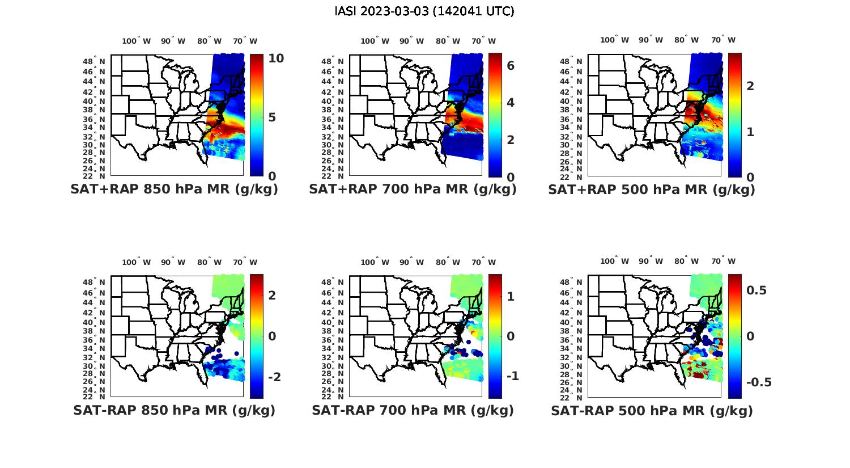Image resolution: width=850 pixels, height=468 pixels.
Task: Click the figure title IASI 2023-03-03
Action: pyautogui.click(x=424, y=11)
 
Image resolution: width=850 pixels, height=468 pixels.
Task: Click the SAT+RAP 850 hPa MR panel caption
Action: pyautogui.click(x=174, y=189)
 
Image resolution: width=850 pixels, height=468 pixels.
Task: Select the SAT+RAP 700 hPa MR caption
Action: pyautogui.click(x=413, y=189)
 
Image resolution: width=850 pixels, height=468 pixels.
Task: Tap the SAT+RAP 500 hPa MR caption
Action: pyautogui.click(x=652, y=189)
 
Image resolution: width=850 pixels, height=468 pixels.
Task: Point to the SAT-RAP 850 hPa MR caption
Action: pyautogui.click(x=174, y=410)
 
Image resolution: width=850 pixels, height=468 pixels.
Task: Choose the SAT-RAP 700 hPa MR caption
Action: pyautogui.click(x=413, y=410)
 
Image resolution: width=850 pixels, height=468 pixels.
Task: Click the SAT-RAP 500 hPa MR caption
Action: pyautogui.click(x=652, y=410)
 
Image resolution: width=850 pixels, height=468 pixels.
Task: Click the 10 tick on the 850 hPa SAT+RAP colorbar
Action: pyautogui.click(x=277, y=58)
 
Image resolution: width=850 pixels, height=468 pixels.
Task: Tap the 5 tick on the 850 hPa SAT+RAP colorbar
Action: pyautogui.click(x=273, y=117)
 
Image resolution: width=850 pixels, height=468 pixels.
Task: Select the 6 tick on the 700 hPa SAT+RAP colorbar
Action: pyautogui.click(x=511, y=66)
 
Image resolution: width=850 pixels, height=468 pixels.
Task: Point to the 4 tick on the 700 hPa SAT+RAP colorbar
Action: pyautogui.click(x=511, y=103)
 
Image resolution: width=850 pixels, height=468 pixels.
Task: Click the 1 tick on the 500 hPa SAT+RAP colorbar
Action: pyautogui.click(x=750, y=132)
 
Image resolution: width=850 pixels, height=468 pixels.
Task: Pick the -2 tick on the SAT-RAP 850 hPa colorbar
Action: pyautogui.click(x=274, y=377)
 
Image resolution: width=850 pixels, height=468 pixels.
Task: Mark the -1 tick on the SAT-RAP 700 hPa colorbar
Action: pyautogui.click(x=512, y=376)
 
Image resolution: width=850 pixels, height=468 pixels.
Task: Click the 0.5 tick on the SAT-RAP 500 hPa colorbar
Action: pyautogui.click(x=756, y=290)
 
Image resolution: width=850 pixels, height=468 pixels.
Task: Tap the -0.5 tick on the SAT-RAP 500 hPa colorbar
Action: pyautogui.click(x=759, y=382)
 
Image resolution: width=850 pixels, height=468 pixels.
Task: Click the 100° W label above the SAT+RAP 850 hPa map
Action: pyautogui.click(x=137, y=41)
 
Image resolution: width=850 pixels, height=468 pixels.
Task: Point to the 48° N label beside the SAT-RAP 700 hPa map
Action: pyautogui.click(x=333, y=283)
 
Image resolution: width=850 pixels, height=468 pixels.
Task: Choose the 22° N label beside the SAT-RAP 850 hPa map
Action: pyautogui.click(x=94, y=397)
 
